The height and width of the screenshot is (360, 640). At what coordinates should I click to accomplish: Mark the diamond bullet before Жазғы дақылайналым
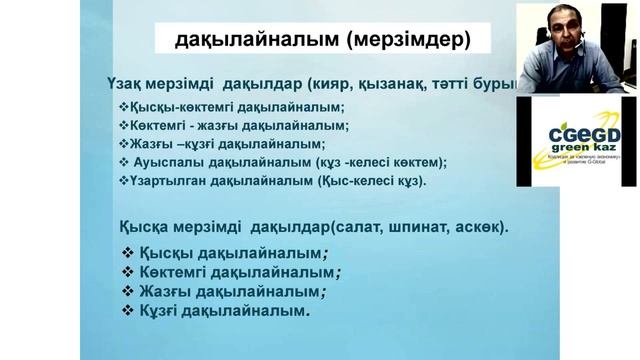[127, 291]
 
